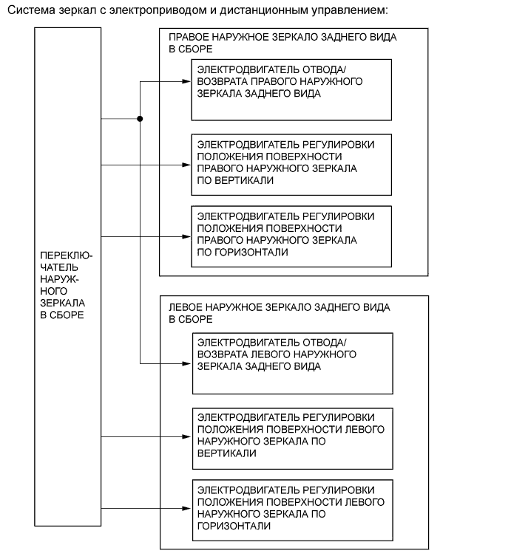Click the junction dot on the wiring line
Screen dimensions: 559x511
click(140, 118)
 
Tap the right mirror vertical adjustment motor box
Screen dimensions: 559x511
click(291, 164)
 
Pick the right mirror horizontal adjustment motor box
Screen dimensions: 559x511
click(291, 236)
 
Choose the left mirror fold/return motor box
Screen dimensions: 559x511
click(293, 363)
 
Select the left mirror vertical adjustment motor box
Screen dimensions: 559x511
click(293, 438)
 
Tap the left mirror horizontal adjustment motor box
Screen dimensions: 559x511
click(293, 509)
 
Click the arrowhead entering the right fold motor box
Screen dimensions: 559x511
click(186, 82)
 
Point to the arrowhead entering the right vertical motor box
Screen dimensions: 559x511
click(186, 165)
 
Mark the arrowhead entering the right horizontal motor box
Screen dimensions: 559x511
click(186, 237)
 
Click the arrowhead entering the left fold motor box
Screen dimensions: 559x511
click(188, 363)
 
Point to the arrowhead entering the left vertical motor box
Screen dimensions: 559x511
click(188, 436)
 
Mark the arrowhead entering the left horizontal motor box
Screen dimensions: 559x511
click(188, 508)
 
